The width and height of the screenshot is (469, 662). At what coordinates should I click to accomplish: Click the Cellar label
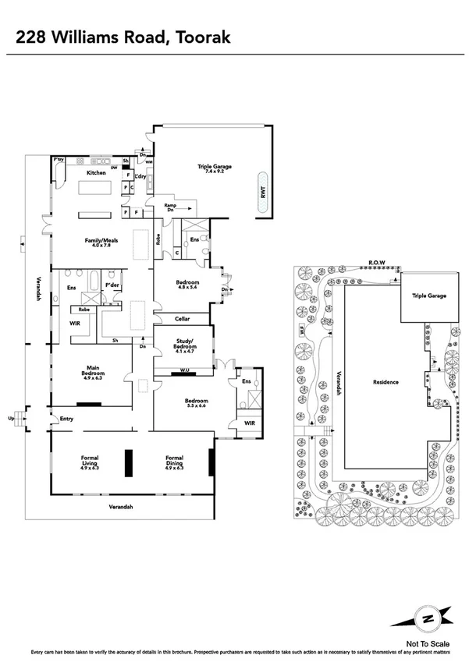[182, 319]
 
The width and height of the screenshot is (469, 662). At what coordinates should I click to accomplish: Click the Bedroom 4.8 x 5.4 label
[188, 284]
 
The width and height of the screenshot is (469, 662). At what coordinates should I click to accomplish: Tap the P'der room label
[111, 274]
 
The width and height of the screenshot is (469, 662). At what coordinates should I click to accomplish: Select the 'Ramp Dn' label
[169, 209]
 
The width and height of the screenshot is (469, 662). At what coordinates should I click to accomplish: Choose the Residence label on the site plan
[385, 382]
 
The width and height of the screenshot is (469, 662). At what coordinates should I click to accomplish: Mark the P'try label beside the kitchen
[58, 160]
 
